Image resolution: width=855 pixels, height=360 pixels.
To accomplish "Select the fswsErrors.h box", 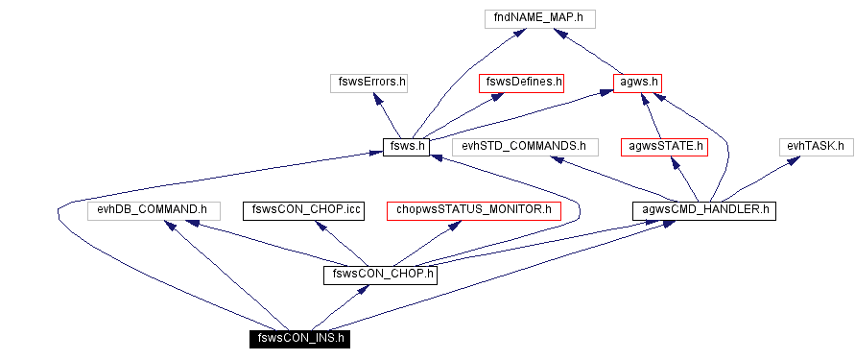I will pyautogui.click(x=368, y=83).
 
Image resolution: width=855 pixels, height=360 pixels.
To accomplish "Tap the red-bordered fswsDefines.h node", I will pyautogui.click(x=522, y=83).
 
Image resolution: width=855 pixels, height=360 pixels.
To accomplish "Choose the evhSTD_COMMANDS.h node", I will pyautogui.click(x=524, y=147).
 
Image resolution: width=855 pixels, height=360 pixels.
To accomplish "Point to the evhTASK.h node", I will pyautogui.click(x=815, y=147).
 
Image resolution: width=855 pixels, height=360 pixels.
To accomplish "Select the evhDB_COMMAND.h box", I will pyautogui.click(x=154, y=209).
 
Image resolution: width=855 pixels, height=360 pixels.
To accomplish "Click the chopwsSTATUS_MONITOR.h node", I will pyautogui.click(x=473, y=209).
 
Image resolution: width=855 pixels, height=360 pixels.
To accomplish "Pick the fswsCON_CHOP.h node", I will pyautogui.click(x=381, y=275).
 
